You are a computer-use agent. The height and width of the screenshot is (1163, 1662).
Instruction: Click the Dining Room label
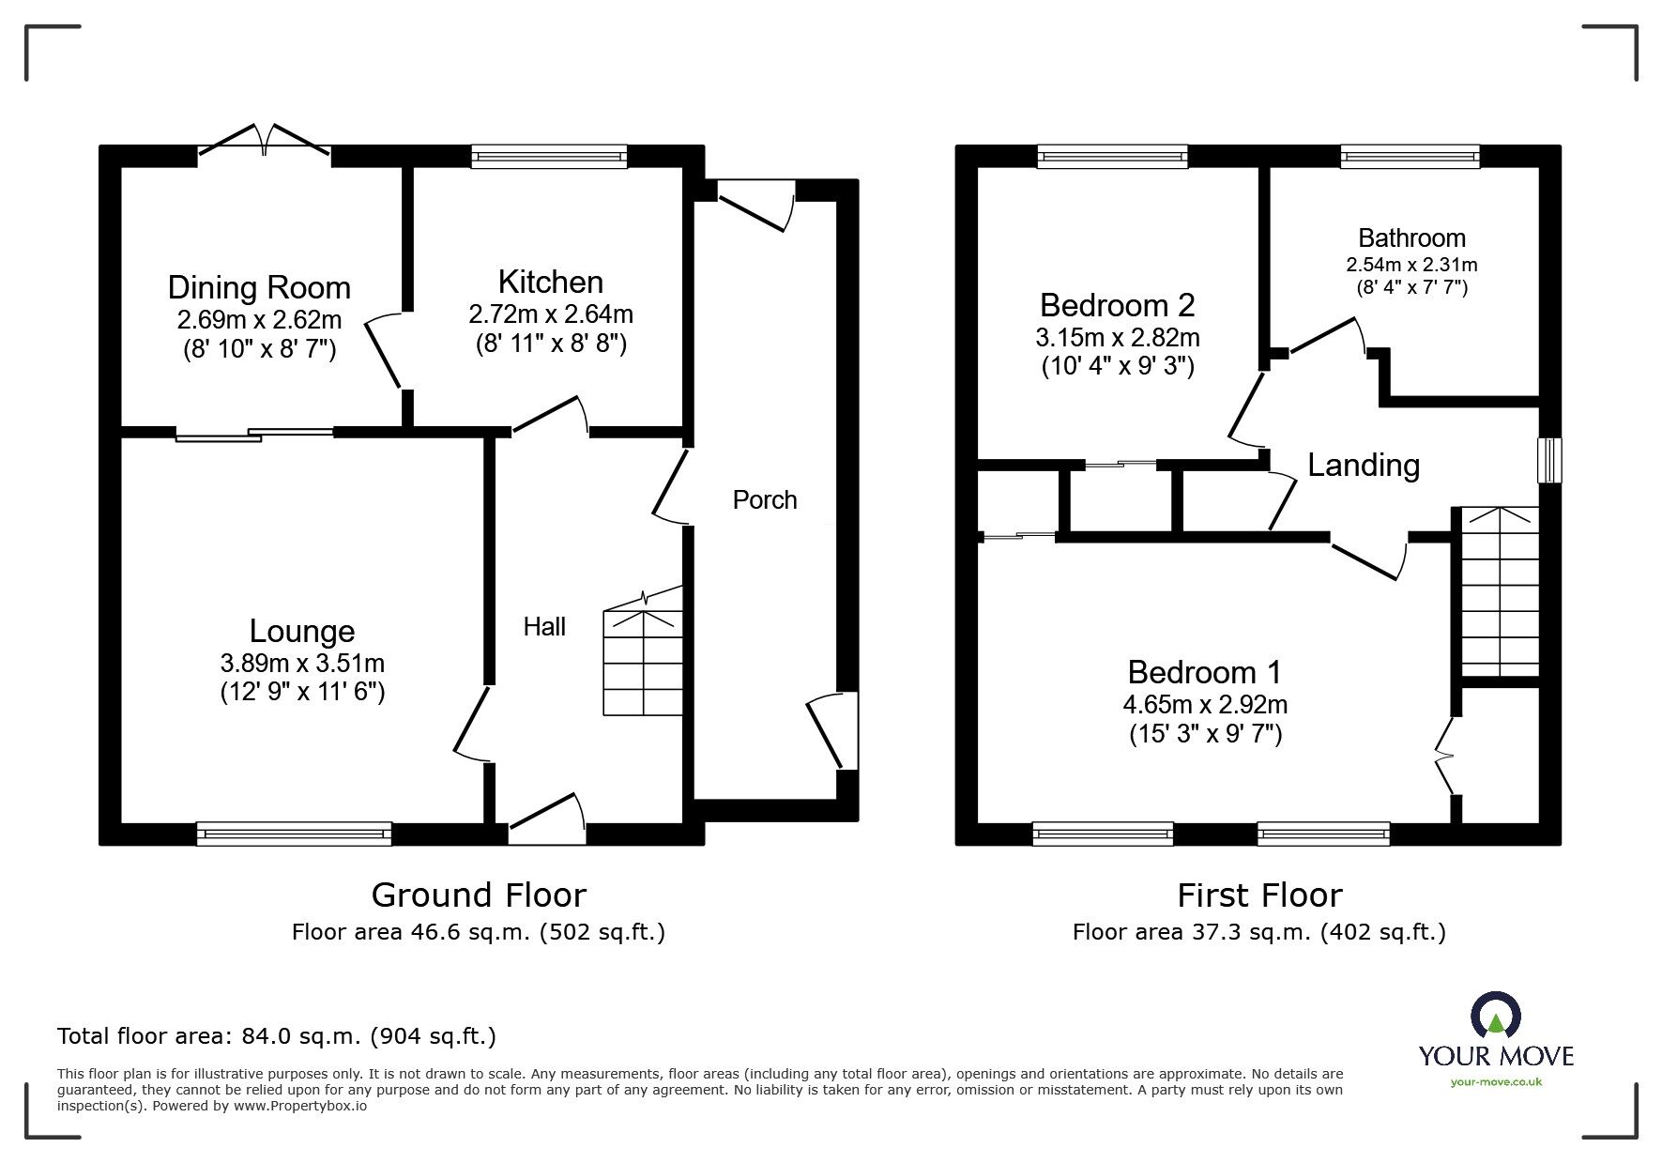[259, 287]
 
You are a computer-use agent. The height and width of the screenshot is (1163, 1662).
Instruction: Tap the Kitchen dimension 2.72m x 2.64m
[551, 314]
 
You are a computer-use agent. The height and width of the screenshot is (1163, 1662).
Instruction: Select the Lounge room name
[302, 631]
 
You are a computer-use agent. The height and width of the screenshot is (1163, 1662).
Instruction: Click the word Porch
[765, 499]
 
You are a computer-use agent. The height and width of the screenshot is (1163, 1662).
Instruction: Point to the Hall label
[544, 626]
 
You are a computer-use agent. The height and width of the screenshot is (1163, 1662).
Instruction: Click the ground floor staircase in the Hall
[643, 662]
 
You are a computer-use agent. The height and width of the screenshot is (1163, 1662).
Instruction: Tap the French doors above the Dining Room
[264, 141]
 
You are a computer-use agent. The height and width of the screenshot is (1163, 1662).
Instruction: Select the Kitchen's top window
[549, 156]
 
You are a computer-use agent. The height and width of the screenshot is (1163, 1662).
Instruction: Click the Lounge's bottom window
[294, 833]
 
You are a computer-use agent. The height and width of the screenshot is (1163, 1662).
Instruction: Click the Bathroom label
[1411, 238]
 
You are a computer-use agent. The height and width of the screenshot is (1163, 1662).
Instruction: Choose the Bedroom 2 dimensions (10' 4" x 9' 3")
[1118, 366]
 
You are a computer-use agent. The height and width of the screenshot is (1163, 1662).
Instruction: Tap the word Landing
[1363, 465]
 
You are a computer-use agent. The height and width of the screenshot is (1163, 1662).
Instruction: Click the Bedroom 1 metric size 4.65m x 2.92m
[1205, 704]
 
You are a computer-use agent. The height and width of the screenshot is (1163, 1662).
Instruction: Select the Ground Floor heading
[479, 895]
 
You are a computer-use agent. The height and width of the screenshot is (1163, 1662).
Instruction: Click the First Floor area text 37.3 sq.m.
[1258, 932]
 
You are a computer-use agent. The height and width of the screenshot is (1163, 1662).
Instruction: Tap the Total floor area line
[277, 1036]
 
